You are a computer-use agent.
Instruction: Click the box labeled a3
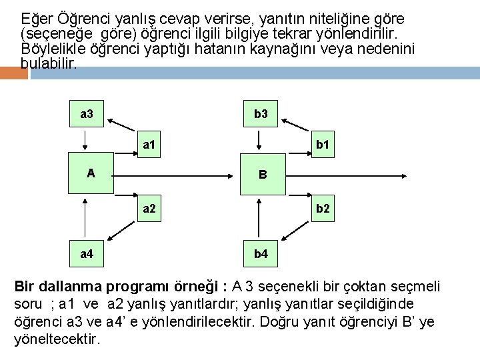[x=87, y=114]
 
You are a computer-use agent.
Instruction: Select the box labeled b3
[x=261, y=114]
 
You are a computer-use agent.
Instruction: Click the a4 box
[x=87, y=254]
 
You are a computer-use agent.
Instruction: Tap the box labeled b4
[x=261, y=254]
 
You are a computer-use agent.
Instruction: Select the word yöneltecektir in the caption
[x=57, y=339]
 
